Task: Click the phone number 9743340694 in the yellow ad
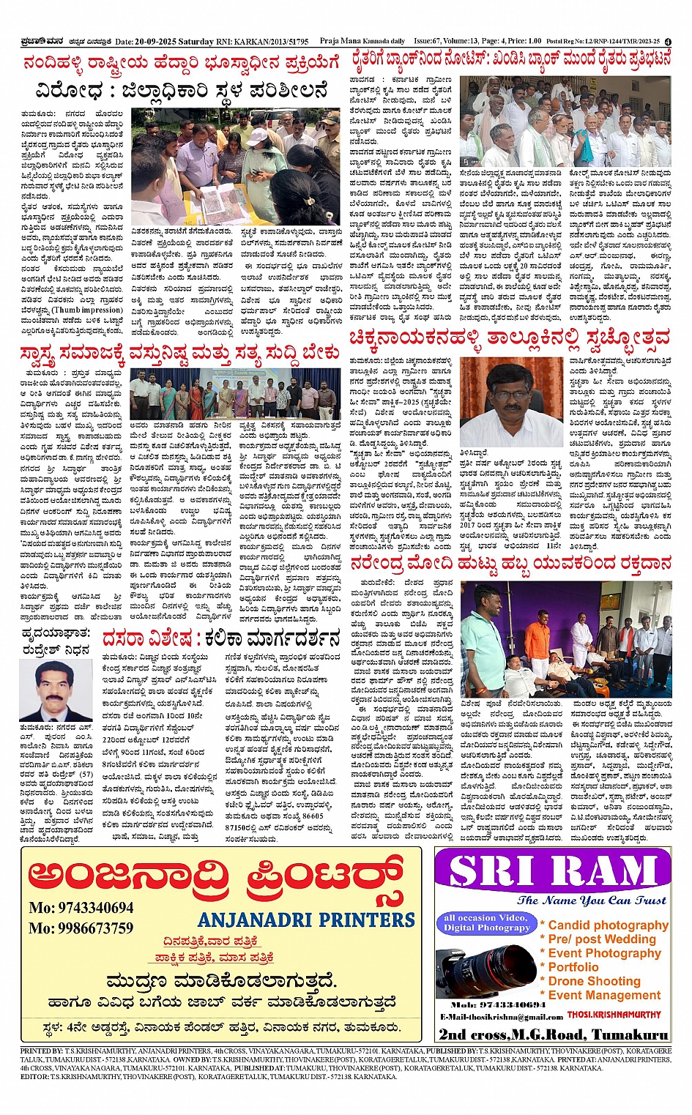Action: tap(81, 908)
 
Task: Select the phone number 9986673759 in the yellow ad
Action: tap(81, 928)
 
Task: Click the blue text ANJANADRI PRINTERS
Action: tap(306, 920)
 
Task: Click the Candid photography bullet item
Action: tap(608, 925)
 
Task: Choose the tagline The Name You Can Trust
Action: tap(591, 900)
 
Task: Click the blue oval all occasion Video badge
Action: tap(486, 922)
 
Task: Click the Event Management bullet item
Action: tap(604, 995)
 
